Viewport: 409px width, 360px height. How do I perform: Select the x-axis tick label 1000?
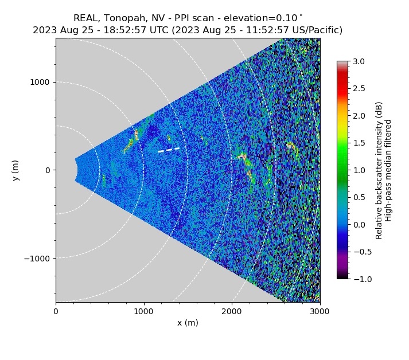point(144,311)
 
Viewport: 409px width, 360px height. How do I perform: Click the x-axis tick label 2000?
point(232,311)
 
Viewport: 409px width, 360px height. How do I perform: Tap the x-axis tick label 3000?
point(320,311)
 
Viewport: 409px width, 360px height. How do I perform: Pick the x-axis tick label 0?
point(56,311)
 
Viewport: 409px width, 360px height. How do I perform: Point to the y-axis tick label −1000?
point(37,259)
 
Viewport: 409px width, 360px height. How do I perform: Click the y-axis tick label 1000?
point(40,83)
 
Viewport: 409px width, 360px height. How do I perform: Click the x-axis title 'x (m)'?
point(188,323)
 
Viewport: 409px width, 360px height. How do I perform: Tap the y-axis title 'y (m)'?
point(16,170)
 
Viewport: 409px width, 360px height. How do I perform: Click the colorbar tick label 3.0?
point(359,61)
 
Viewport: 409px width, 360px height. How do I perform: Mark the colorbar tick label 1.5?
point(359,143)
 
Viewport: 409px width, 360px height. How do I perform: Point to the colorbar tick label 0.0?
point(359,225)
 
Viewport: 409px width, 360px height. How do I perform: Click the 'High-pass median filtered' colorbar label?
point(388,170)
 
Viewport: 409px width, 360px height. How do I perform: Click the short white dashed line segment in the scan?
point(169,150)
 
